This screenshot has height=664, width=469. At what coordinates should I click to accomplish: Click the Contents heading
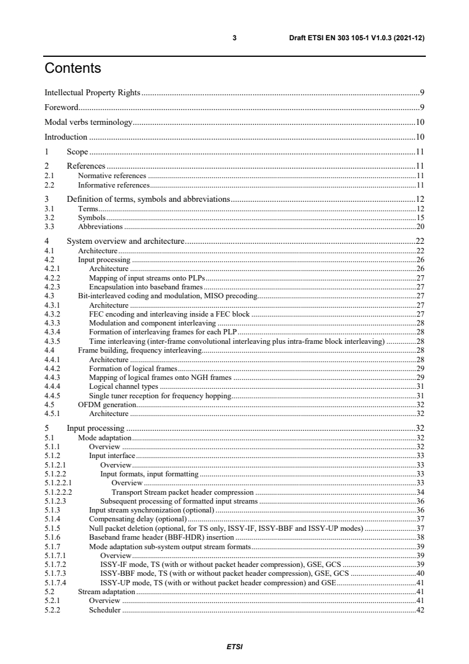(73, 69)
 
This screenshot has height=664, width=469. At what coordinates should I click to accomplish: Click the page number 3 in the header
(235, 38)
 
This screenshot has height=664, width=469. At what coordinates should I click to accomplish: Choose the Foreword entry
(62, 108)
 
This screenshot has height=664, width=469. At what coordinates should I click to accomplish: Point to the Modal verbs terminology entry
(89, 123)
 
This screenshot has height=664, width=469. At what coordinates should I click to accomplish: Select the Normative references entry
(112, 176)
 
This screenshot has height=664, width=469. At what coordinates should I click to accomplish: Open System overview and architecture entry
(126, 241)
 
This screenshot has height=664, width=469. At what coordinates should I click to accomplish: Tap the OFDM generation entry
(107, 405)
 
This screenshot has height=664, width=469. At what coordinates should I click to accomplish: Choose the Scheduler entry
(105, 610)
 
